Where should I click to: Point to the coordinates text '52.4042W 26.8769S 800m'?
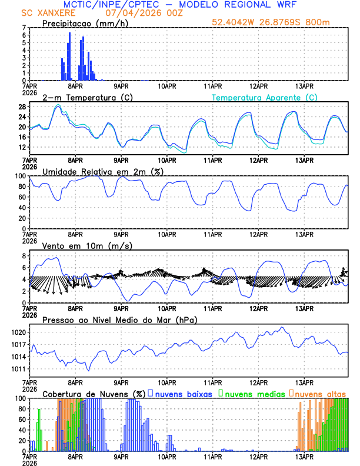click(x=279, y=22)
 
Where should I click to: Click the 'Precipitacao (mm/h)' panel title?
click(x=85, y=23)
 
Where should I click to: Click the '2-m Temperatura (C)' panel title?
click(x=86, y=97)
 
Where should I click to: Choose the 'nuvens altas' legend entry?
click(x=320, y=393)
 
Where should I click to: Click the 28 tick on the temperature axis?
click(x=21, y=106)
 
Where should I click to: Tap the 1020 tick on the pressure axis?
click(x=18, y=332)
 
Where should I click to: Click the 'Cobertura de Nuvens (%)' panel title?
click(x=94, y=393)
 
